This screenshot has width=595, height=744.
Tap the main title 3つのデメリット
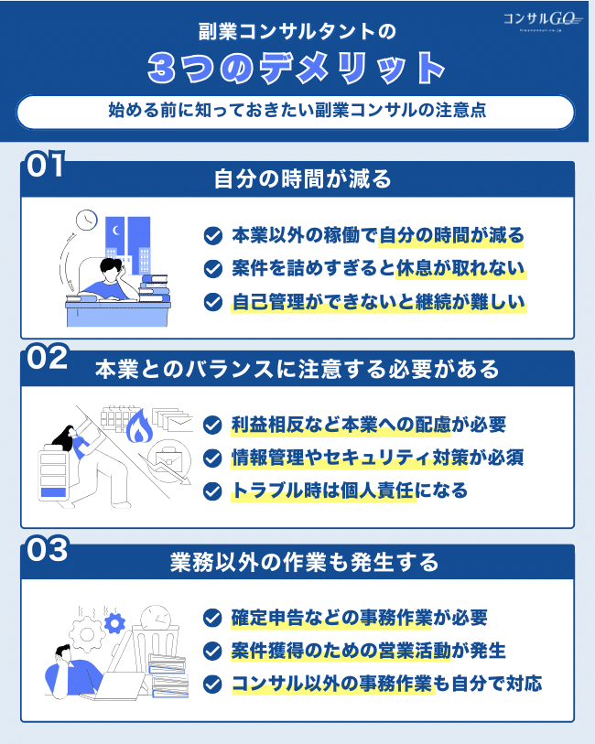pyautogui.click(x=297, y=69)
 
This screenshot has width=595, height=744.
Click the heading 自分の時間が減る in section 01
pyautogui.click(x=302, y=178)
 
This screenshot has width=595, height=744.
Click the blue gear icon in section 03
pyautogui.click(x=114, y=624)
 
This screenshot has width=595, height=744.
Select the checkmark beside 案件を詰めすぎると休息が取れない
pyautogui.click(x=212, y=269)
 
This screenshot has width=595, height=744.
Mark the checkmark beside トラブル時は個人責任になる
pyautogui.click(x=212, y=491)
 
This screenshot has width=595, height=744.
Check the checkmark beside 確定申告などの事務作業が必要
pyautogui.click(x=212, y=618)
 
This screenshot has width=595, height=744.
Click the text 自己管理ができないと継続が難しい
pyautogui.click(x=378, y=301)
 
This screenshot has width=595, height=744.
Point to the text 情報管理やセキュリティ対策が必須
pyautogui.click(x=378, y=458)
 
